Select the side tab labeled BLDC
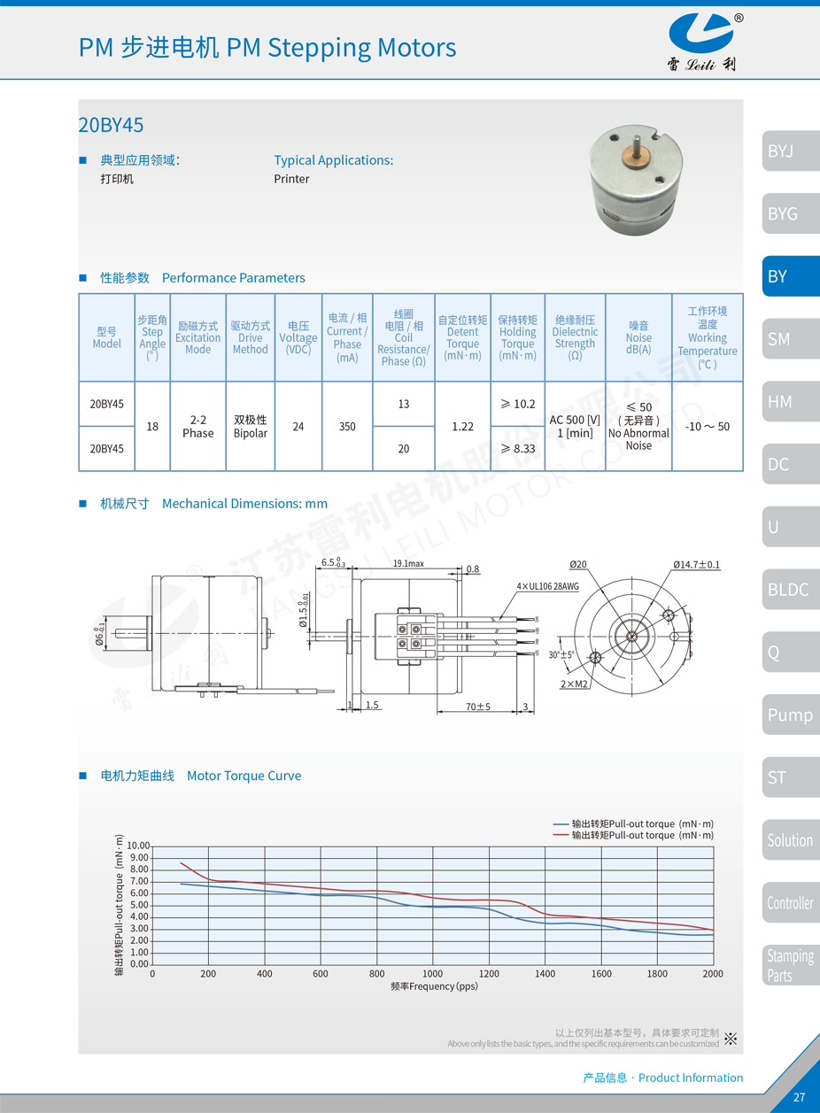click(x=790, y=590)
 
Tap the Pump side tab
click(x=790, y=715)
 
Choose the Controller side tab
click(x=790, y=903)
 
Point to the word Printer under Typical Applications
click(x=291, y=179)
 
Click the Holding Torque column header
click(x=517, y=337)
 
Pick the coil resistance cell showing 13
click(x=404, y=404)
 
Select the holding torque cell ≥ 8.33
click(x=517, y=449)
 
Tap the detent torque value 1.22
click(x=462, y=427)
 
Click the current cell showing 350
click(x=347, y=427)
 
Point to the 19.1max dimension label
click(x=408, y=563)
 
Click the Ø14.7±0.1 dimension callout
click(x=696, y=564)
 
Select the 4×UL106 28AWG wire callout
click(x=548, y=586)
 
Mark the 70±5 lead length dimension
click(x=477, y=707)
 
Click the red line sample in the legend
click(x=561, y=835)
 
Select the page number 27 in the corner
click(x=799, y=1098)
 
